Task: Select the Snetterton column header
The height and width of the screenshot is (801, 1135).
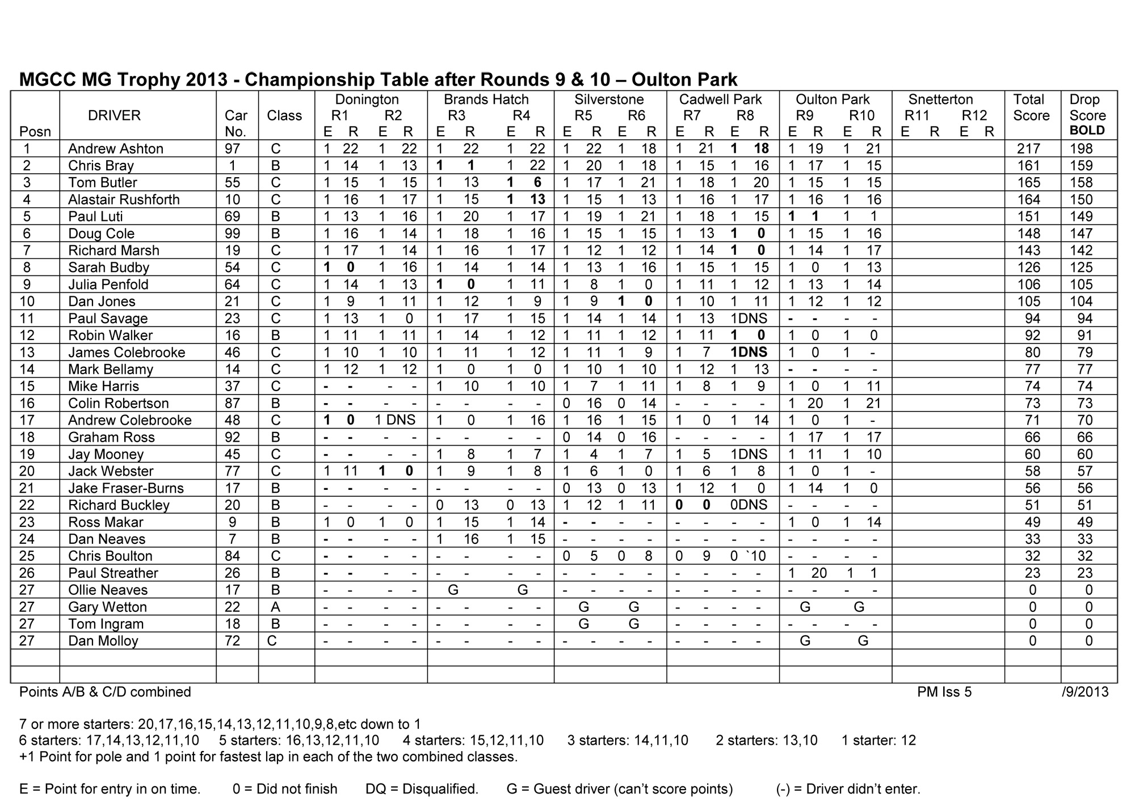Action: tap(940, 100)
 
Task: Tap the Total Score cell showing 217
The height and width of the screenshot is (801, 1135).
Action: tap(1028, 149)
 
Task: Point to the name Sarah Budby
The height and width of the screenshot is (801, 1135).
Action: tap(108, 268)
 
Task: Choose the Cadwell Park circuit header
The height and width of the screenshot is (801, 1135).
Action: tap(720, 100)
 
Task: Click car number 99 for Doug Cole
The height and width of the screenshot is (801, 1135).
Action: tap(232, 234)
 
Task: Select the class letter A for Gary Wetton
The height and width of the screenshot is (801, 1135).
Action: tap(275, 607)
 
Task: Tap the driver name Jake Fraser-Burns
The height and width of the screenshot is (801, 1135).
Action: tap(126, 488)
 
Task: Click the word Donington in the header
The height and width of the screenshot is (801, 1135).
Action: tap(367, 100)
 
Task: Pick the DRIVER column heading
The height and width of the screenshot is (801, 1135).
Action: tap(114, 116)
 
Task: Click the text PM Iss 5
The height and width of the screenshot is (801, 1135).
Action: tap(944, 692)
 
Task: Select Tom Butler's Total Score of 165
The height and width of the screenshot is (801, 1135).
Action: tap(1028, 183)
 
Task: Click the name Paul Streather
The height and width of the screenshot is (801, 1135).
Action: tap(113, 573)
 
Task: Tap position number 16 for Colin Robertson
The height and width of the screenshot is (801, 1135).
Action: tap(27, 404)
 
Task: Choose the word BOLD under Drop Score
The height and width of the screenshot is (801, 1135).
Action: tap(1087, 131)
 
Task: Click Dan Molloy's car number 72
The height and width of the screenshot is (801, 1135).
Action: tap(232, 641)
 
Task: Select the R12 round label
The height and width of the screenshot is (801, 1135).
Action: tap(974, 116)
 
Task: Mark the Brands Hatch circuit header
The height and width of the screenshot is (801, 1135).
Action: tap(486, 100)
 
